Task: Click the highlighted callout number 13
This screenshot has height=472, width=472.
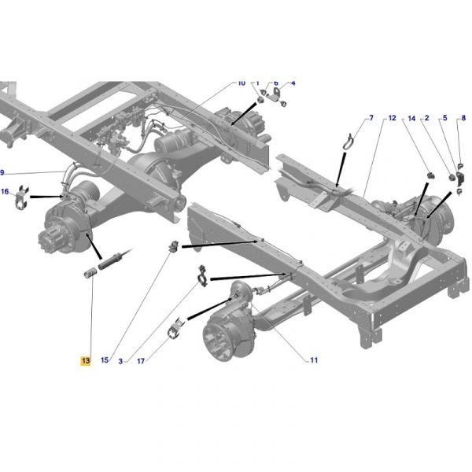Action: (86, 360)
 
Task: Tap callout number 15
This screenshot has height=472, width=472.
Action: (105, 360)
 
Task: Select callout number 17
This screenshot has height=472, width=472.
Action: (141, 361)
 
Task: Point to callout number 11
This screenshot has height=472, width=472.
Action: (314, 360)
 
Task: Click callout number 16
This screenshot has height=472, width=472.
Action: (5, 191)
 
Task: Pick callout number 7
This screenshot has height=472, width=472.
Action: (371, 118)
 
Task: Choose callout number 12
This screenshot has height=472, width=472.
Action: (393, 118)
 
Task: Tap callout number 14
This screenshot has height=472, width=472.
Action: (411, 118)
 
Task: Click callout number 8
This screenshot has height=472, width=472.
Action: (463, 118)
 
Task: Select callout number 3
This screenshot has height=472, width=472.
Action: (120, 361)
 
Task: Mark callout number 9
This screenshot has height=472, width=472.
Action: (2, 172)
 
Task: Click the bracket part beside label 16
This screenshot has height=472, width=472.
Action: (22, 197)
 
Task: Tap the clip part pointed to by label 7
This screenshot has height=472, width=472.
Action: (348, 142)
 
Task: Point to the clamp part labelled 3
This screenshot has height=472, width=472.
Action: (202, 276)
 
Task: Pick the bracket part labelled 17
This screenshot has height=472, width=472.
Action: (175, 328)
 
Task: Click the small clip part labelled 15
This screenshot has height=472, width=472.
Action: (174, 246)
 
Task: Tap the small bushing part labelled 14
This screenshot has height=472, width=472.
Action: (431, 175)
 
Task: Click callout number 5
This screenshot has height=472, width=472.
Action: (445, 118)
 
